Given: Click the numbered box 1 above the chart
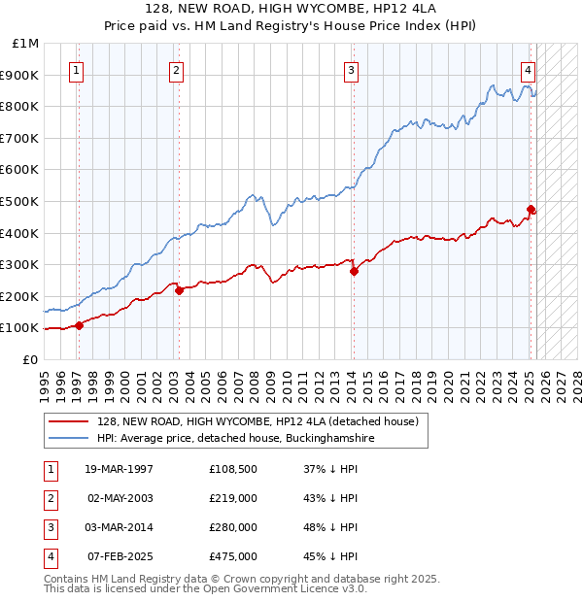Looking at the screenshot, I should pos(76,70).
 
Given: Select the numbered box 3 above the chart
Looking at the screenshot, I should pos(351,70).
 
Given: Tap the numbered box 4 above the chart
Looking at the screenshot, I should pos(527,70).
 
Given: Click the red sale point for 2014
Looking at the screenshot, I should pos(354,272).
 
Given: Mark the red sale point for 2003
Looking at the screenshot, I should pos(179,290).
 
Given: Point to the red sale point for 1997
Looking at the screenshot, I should pos(80,325).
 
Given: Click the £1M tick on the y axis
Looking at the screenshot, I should pos(26,44).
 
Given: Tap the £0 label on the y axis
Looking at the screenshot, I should pos(29,359).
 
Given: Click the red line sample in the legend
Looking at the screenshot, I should pos(69,421).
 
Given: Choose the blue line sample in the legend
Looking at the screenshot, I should pos(69,439).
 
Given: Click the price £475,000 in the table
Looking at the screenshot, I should pos(233,556).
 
